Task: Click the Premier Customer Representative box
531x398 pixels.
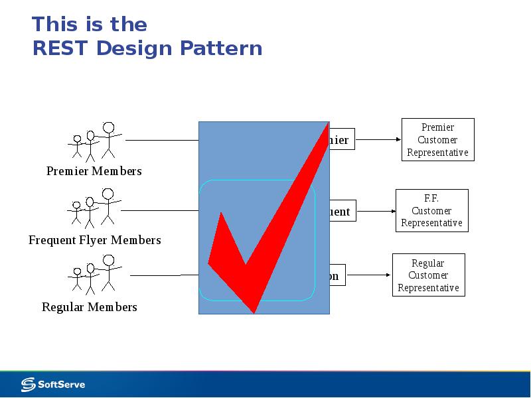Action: tap(437, 140)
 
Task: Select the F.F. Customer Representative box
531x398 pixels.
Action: tap(431, 211)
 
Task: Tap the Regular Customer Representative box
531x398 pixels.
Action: tap(428, 275)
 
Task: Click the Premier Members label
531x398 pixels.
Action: tap(94, 171)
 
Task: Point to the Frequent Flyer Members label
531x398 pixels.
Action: tap(95, 240)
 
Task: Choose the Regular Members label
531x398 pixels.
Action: tap(90, 307)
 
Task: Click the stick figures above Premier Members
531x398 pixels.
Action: tap(95, 141)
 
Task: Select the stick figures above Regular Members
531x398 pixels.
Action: tap(93, 275)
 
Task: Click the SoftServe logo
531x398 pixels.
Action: tap(53, 384)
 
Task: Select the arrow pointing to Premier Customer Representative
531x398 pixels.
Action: tap(378, 140)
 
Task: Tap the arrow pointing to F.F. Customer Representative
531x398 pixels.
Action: tap(376, 212)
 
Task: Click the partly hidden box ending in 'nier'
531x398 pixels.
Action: tap(340, 140)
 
